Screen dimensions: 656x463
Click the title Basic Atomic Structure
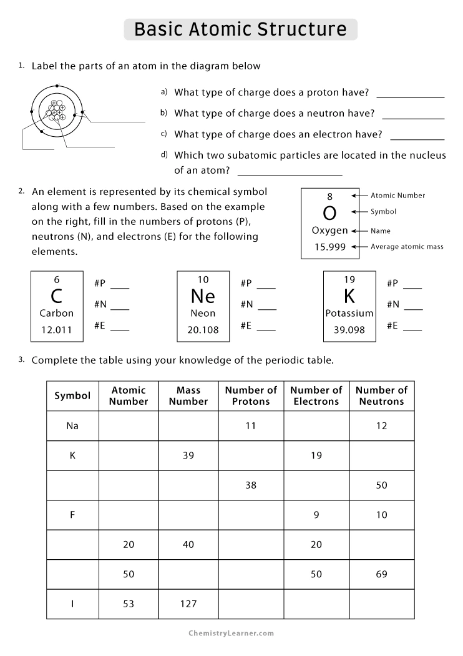[x=240, y=29]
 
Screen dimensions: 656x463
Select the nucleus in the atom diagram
[x=56, y=111]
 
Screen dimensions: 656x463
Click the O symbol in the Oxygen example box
[x=329, y=213]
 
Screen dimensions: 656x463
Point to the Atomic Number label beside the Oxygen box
[x=397, y=196]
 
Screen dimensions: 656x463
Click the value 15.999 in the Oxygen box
[x=329, y=247]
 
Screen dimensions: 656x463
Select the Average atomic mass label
[x=407, y=247]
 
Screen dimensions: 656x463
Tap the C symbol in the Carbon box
[x=57, y=296]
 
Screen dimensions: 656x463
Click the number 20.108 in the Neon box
[x=203, y=330]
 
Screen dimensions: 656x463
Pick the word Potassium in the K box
[x=349, y=313]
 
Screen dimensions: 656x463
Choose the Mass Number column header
[x=188, y=395]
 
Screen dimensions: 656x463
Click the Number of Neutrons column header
[x=381, y=395]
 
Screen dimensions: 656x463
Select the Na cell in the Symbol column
[x=72, y=425]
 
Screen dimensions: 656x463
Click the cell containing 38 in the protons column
[x=251, y=485]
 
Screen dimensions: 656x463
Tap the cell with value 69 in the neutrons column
[x=381, y=574]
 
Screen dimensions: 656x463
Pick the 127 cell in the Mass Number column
[x=188, y=604]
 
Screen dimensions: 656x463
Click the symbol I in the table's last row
[x=72, y=604]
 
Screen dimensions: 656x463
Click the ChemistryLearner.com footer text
[x=232, y=633]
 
